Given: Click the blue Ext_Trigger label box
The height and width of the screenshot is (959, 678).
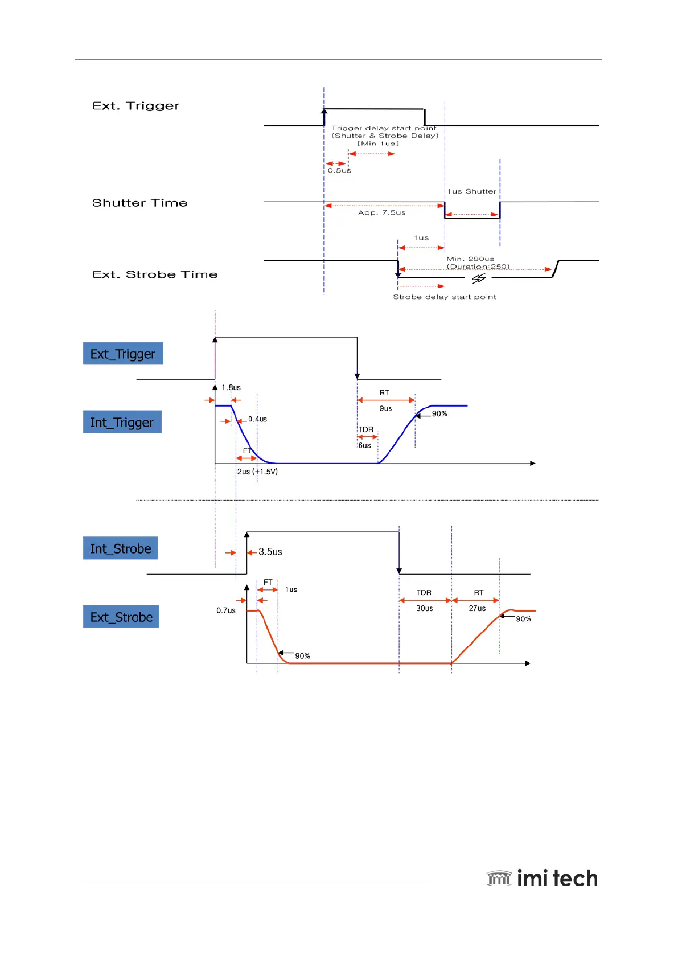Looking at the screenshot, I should click(123, 354).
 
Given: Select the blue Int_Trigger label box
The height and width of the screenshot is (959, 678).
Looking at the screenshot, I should click(122, 422).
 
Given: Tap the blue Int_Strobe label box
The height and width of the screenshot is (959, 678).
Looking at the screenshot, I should click(121, 548).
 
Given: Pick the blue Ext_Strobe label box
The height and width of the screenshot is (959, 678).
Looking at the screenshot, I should click(121, 617).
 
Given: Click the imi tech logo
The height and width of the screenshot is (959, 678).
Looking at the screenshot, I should click(542, 878).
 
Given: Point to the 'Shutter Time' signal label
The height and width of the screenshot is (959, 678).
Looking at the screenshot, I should click(139, 203).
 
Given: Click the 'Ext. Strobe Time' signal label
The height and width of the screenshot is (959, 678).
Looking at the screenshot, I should click(155, 274).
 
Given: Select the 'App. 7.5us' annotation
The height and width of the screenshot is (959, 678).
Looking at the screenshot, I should click(382, 213).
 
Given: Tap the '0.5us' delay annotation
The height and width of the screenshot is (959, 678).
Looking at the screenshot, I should click(339, 170).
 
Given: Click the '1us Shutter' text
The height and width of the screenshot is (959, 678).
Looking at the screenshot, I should click(471, 191).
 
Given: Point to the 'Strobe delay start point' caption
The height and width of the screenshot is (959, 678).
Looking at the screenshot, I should click(445, 297).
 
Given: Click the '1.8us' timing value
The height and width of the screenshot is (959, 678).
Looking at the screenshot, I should click(231, 388).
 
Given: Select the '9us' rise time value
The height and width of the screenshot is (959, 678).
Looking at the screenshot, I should click(385, 408).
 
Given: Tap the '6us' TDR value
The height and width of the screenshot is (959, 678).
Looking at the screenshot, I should click(364, 445).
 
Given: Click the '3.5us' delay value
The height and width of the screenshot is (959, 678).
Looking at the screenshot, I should click(270, 552).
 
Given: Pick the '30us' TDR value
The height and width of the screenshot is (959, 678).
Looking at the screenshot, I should click(424, 608).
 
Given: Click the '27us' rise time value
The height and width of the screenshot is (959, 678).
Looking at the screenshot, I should click(477, 608).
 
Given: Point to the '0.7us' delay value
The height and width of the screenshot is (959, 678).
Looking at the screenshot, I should click(226, 610).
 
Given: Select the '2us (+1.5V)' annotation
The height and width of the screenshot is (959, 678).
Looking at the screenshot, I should click(257, 472).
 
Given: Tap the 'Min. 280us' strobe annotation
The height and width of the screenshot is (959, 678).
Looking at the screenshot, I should click(470, 259).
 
